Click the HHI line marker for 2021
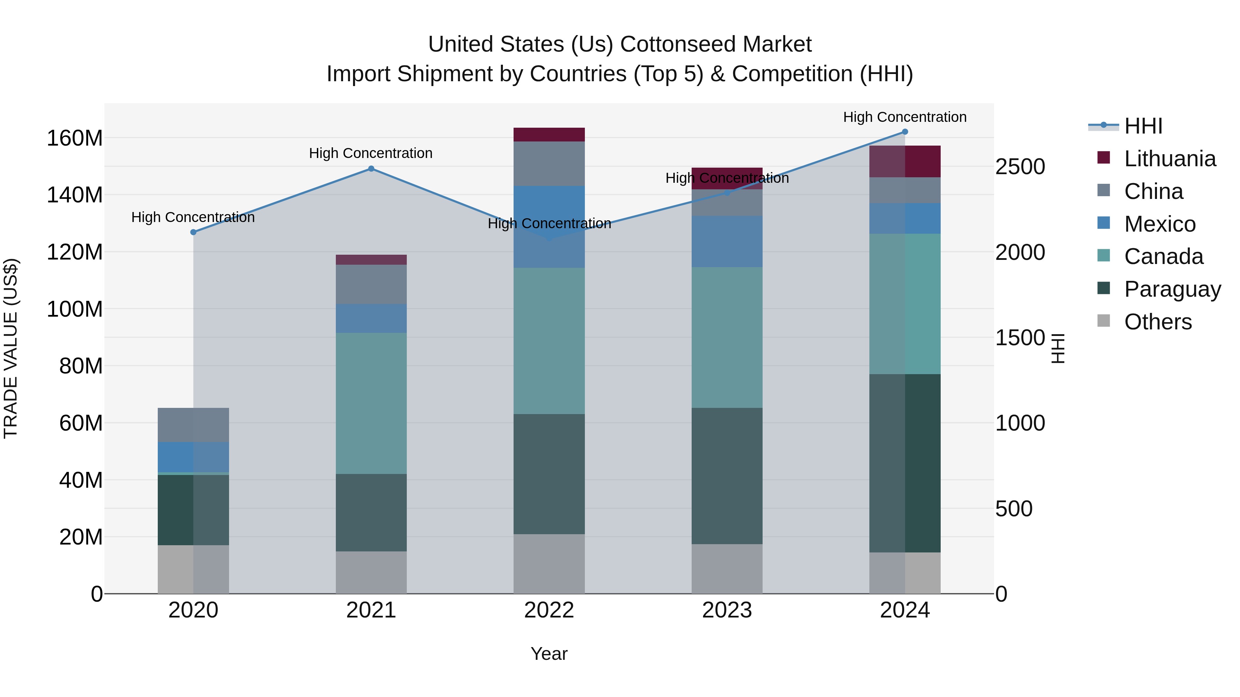coord(371,168)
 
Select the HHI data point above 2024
coord(905,131)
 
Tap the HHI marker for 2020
coord(193,232)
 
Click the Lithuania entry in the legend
coord(1169,158)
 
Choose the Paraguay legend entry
coord(1172,289)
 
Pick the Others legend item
coord(1158,321)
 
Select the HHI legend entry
coord(1143,126)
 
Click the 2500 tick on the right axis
coord(1020,167)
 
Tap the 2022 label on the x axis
coord(549,610)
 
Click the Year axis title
coord(549,653)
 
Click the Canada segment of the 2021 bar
coord(371,403)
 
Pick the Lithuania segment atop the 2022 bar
coord(549,134)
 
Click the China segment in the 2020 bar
coord(193,424)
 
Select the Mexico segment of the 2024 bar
coord(905,218)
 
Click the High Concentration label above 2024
coord(905,117)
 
